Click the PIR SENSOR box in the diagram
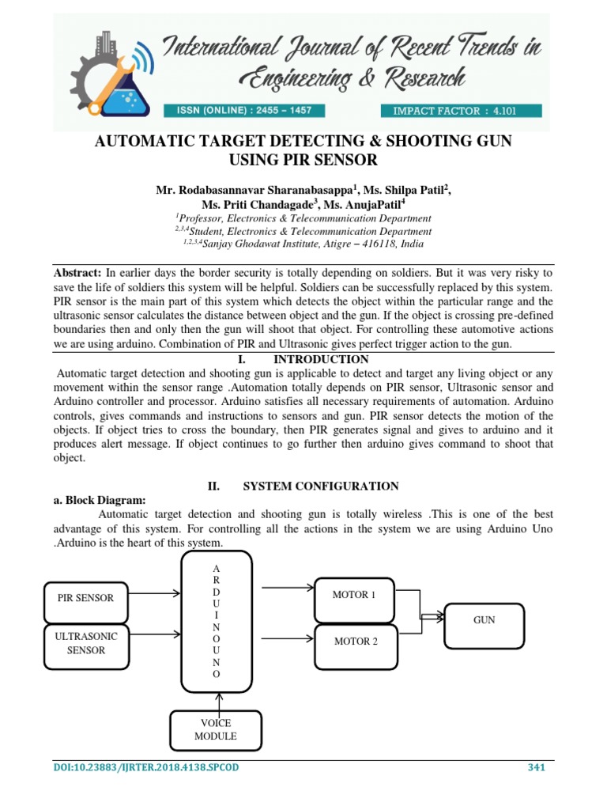[85, 598]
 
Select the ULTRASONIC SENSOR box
[85, 642]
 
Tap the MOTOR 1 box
[355, 595]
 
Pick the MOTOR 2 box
[355, 641]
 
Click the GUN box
[484, 620]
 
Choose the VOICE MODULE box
[216, 729]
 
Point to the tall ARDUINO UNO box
[216, 619]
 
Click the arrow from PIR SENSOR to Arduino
[153, 592]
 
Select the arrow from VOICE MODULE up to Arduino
[217, 700]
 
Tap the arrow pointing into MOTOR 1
[288, 588]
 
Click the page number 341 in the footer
[537, 767]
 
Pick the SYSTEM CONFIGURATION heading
[319, 486]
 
